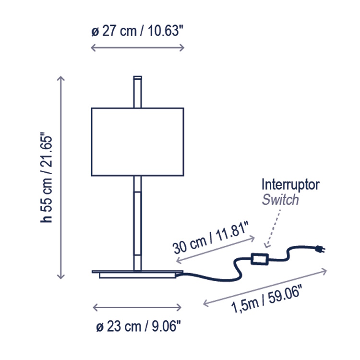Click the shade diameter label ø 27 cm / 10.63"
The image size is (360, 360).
[x=137, y=31]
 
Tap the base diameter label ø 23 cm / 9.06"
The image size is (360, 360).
[x=138, y=326]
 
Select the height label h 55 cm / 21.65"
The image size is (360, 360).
[x=46, y=177]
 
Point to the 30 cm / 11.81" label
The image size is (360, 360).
[x=210, y=237]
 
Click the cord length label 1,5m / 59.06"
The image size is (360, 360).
[x=266, y=299]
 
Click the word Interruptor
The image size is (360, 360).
[x=290, y=185]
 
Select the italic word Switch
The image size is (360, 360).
[x=280, y=200]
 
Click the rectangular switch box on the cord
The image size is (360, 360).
[x=260, y=259]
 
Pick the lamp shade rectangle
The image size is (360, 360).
[x=138, y=142]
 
